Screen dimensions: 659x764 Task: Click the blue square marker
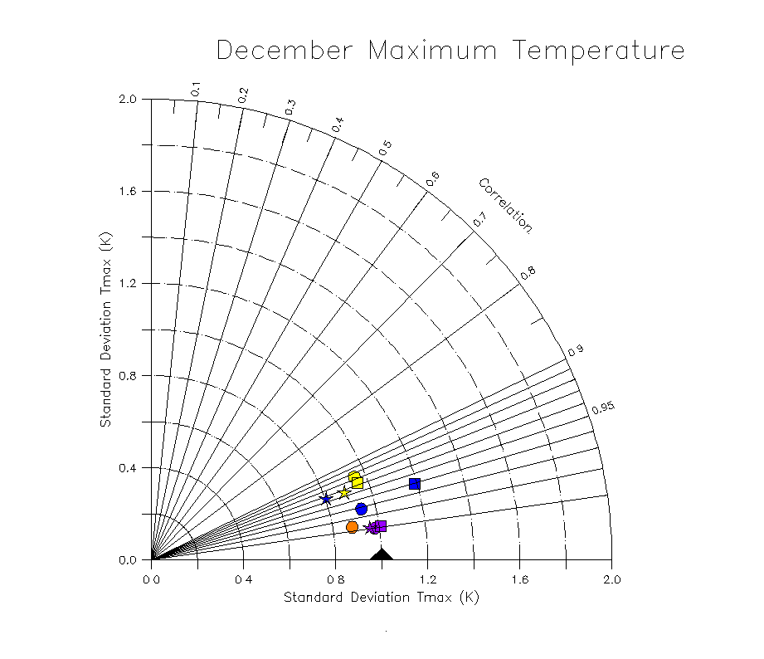(414, 484)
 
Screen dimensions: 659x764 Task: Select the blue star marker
(326, 499)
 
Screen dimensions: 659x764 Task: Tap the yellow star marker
(345, 493)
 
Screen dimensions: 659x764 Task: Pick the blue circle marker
(361, 509)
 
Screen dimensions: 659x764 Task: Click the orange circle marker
(352, 527)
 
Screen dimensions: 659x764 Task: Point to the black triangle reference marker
(381, 554)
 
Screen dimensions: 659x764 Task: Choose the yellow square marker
(358, 482)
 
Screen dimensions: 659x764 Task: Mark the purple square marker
(381, 526)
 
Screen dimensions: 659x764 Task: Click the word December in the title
(284, 51)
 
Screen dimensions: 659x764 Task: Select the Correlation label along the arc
(505, 205)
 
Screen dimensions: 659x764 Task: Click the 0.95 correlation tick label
(603, 407)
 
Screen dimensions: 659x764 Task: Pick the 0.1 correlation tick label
(196, 89)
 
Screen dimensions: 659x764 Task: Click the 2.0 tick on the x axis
(611, 579)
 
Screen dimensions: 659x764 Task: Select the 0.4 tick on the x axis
(243, 579)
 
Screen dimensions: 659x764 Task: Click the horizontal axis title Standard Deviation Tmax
(382, 598)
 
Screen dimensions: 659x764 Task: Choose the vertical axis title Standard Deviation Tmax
(105, 329)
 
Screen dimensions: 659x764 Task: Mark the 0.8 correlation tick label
(528, 272)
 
